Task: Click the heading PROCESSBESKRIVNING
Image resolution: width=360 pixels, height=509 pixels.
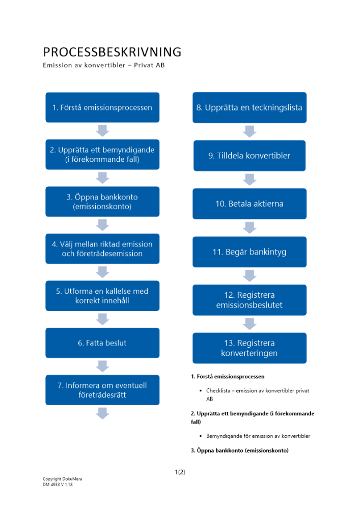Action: pos(112,52)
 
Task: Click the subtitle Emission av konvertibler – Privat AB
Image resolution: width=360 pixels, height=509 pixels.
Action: pos(104,66)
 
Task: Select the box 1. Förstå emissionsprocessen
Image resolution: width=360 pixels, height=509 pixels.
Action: pos(102,107)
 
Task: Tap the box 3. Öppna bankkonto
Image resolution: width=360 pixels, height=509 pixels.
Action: pos(102,202)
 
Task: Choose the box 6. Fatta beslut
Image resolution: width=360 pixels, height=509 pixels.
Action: pos(102,343)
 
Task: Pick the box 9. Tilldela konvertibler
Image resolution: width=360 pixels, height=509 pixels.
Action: pos(249,156)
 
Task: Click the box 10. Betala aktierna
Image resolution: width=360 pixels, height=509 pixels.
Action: pos(249,204)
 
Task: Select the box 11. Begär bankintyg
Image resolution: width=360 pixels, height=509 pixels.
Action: pos(249,251)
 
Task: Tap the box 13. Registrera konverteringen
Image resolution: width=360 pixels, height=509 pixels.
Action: pos(249,348)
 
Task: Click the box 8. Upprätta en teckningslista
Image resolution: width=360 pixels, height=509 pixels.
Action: pos(249,107)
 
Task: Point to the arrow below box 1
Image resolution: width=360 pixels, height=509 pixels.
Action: pos(102,131)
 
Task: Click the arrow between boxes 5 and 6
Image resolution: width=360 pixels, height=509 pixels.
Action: pos(102,319)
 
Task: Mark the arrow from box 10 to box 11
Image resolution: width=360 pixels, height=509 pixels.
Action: pos(249,228)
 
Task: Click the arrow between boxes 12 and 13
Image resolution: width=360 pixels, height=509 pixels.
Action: pos(249,324)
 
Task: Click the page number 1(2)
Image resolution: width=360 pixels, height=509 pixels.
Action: pos(180,472)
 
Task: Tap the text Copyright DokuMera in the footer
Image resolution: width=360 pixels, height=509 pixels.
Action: pos(62,479)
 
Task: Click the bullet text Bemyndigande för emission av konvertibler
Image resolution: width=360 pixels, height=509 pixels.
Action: pos(258,436)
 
